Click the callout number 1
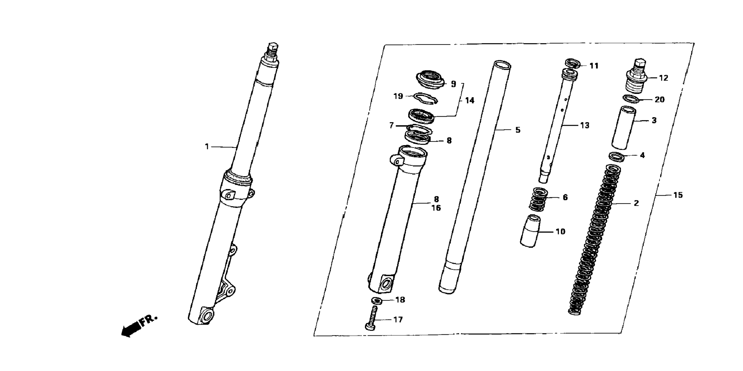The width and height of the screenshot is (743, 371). (x=207, y=146)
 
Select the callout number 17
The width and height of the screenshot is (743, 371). (x=398, y=320)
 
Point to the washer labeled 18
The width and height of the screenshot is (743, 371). (x=377, y=300)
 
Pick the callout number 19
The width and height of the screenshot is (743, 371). (x=398, y=96)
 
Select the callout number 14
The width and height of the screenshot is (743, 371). (x=470, y=100)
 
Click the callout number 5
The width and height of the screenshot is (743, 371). (x=518, y=130)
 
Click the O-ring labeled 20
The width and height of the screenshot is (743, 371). (x=631, y=99)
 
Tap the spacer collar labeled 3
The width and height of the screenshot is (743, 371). (x=624, y=127)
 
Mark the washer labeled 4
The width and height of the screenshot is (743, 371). (x=616, y=156)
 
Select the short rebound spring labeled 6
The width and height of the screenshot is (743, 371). (x=539, y=200)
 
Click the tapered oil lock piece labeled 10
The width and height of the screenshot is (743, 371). (x=530, y=231)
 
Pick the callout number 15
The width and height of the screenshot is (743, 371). (x=678, y=195)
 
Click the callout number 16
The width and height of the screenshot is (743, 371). (x=436, y=208)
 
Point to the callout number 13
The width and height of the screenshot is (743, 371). (x=584, y=125)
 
